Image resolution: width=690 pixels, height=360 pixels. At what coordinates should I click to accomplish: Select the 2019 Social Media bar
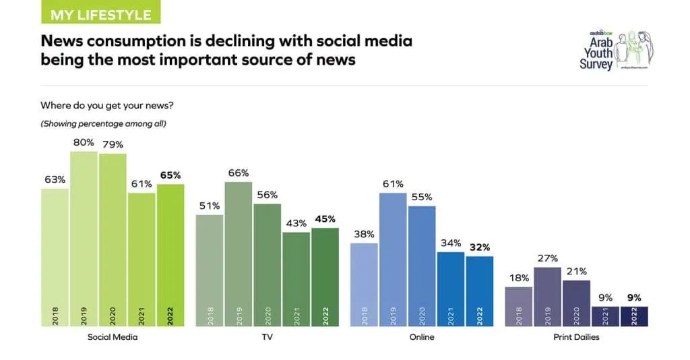(x=84, y=239)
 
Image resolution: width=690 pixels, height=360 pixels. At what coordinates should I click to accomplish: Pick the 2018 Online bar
(x=364, y=285)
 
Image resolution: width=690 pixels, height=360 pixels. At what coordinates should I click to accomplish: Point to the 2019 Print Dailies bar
(x=547, y=297)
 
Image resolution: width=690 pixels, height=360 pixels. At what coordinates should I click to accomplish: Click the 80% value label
(x=84, y=143)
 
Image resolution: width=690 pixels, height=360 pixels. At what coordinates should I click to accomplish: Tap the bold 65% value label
(x=170, y=175)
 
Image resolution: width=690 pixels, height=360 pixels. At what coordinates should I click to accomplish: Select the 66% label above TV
(x=239, y=173)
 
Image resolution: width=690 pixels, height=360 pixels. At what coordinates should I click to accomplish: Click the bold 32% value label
(x=480, y=247)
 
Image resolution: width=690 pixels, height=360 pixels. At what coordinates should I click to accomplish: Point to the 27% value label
(x=547, y=258)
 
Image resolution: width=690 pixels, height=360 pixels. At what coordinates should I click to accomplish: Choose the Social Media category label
(x=113, y=336)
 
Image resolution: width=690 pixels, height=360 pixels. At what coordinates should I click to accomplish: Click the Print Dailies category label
(x=576, y=336)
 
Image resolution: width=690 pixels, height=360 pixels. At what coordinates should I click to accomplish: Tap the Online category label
(x=422, y=336)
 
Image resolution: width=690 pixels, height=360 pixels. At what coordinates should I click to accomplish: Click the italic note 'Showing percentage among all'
(x=103, y=123)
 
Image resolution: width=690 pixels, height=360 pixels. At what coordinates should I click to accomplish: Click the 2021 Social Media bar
(x=142, y=260)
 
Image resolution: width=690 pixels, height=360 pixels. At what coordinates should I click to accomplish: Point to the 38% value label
(x=364, y=234)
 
